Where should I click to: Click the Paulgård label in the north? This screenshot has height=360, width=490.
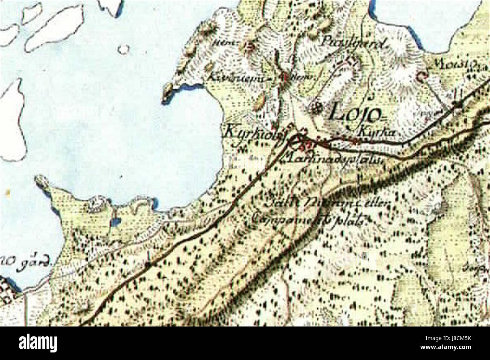coord(353,43)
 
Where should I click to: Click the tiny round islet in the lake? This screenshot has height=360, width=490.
coord(123,49)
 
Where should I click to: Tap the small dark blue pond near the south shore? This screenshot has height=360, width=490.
coord(115,222)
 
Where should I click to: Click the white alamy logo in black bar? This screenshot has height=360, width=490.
coord(38,343)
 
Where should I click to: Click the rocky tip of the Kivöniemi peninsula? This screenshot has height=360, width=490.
coord(166,93)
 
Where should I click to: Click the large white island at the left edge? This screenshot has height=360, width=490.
coord(12,121)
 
